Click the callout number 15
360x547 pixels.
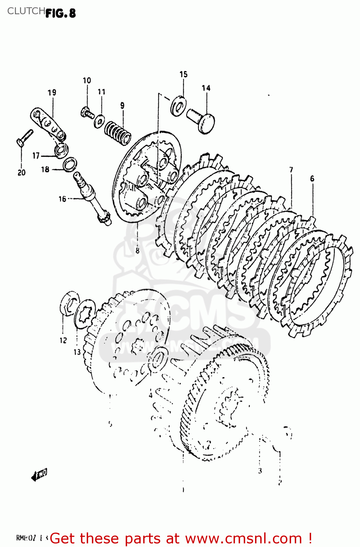pyautogui.click(x=183, y=74)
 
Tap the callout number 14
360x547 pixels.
pyautogui.click(x=206, y=88)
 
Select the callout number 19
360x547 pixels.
pyautogui.click(x=52, y=93)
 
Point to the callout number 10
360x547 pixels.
pyautogui.click(x=87, y=81)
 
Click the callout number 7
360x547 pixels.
pyautogui.click(x=291, y=170)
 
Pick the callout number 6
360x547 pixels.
pyautogui.click(x=312, y=179)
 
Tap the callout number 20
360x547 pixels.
pyautogui.click(x=21, y=172)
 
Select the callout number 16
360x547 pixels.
pyautogui.click(x=62, y=199)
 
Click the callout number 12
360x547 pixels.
pyautogui.click(x=63, y=340)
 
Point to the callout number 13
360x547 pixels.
pyautogui.click(x=77, y=352)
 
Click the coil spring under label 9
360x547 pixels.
pyautogui.click(x=118, y=133)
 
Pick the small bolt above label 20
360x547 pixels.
pyautogui.click(x=24, y=138)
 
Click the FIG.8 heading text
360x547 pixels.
pyautogui.click(x=61, y=13)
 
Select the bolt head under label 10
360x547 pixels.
pyautogui.click(x=86, y=112)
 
